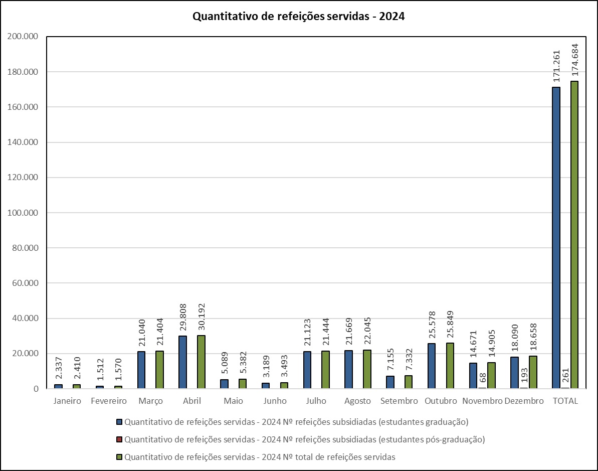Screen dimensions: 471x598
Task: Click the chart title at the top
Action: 299,17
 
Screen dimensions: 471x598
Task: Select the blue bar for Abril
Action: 182,362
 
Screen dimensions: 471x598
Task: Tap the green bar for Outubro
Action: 450,366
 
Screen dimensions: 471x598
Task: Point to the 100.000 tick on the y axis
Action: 25,213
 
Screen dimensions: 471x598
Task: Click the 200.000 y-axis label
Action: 25,37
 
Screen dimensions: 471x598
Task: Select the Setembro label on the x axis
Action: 398,401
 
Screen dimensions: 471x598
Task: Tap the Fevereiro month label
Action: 109,401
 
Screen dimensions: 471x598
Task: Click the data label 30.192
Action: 201,318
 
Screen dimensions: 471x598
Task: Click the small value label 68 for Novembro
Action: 483,378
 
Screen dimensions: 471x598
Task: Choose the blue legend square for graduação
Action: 119,422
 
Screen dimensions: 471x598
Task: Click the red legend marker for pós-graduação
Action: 119,439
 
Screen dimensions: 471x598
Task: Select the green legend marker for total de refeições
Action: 119,457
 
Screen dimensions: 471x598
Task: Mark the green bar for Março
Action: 159,370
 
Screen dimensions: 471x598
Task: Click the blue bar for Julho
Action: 307,370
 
